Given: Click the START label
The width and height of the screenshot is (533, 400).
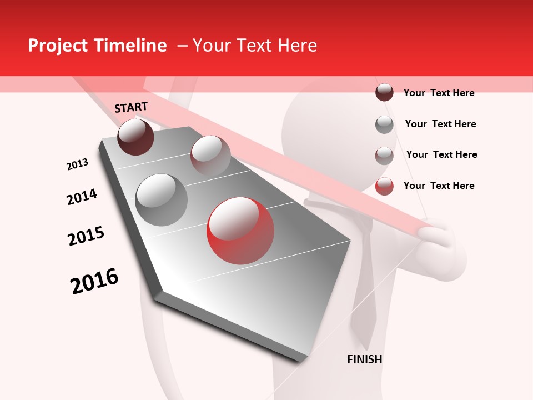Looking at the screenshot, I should click(x=131, y=107).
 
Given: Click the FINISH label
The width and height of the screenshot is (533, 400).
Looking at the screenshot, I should click(x=364, y=359).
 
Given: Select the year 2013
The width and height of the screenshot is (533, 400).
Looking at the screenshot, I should click(x=77, y=164).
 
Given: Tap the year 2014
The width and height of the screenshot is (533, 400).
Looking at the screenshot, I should click(x=82, y=197).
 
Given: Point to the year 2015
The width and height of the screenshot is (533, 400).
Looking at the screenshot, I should click(x=86, y=236).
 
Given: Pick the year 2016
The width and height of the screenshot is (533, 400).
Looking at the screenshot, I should click(x=94, y=281).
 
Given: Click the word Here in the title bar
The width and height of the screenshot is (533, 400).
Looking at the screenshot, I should click(x=297, y=46).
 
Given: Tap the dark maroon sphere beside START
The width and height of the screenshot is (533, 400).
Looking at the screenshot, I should click(x=135, y=137).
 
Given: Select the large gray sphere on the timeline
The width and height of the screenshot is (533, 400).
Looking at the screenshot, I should click(x=161, y=199).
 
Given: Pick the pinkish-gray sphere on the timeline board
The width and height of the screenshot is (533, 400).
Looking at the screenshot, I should click(x=210, y=155).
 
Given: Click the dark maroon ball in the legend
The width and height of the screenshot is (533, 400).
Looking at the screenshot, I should click(x=384, y=93).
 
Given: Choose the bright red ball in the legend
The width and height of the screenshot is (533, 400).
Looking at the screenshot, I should click(x=384, y=186).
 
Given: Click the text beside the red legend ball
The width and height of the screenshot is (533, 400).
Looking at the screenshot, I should click(x=439, y=186).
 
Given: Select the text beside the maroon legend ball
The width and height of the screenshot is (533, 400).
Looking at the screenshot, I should click(x=439, y=93).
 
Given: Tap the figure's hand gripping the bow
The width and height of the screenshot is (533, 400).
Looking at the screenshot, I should click(x=444, y=239).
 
